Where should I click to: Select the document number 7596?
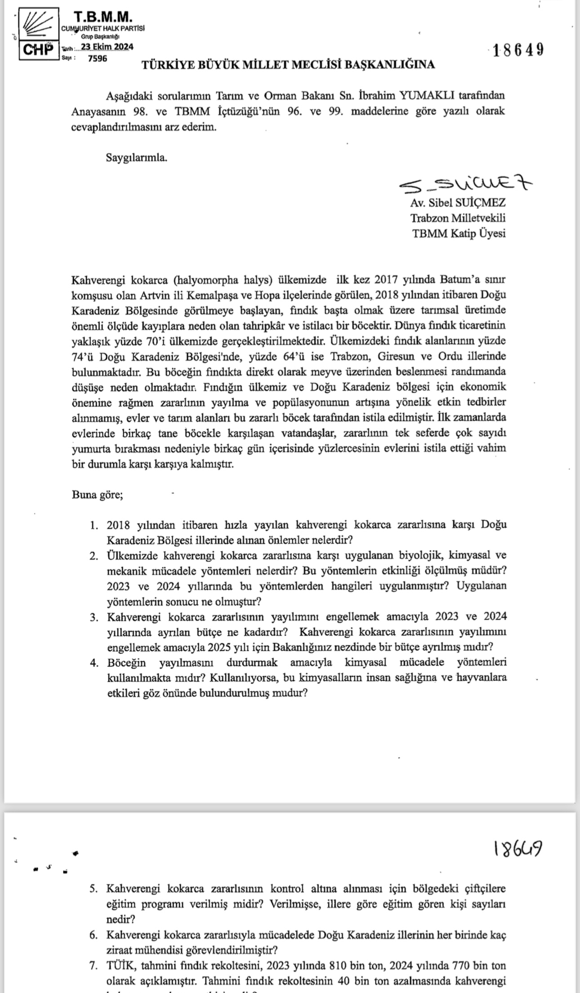[x=98, y=58]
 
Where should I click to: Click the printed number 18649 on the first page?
[x=518, y=50]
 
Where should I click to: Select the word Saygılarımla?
[x=137, y=158]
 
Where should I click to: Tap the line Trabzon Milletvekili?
[x=458, y=218]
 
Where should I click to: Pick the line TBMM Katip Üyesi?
[x=459, y=233]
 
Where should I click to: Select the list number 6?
[x=94, y=935]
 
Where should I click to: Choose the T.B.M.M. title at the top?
[x=103, y=18]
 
